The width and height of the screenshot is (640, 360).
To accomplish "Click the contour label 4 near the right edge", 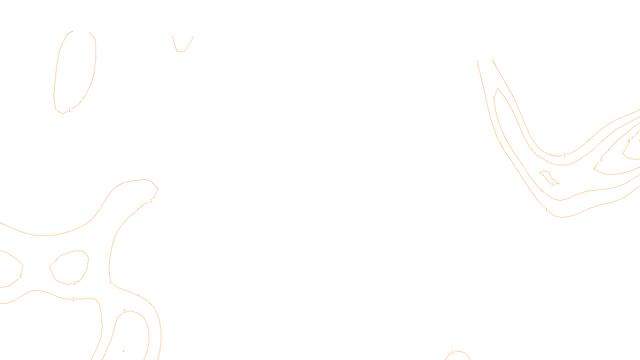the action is coord(629,141).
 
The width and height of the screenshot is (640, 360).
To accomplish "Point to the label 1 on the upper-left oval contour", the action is coord(70,110).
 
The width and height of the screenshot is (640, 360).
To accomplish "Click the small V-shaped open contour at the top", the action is coord(181,51).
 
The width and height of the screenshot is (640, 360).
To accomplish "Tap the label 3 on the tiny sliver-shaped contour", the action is coord(552,184).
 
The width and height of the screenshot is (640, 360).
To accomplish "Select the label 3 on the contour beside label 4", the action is coord(601,160).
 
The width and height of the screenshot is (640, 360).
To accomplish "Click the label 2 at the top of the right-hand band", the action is coord(494,99).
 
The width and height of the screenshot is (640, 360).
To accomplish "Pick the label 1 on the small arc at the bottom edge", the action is coord(452,352).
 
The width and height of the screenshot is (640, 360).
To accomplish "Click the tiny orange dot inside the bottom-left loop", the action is coord(124,351).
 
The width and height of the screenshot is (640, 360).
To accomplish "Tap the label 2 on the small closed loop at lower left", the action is coord(74,283).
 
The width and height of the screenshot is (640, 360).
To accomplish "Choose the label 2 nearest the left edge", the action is coord(20,276).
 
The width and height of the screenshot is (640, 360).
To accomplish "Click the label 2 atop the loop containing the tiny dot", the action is coord(124,311).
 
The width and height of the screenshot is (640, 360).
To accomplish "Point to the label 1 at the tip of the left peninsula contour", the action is coord(151,201).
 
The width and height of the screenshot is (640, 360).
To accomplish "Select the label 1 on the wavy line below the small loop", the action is coord(73,299).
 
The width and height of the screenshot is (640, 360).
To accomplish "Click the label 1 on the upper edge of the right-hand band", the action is coord(564,155).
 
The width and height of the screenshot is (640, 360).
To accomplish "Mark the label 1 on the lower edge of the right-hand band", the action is coord(546,210).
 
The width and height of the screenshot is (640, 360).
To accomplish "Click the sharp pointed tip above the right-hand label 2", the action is coord(497,88).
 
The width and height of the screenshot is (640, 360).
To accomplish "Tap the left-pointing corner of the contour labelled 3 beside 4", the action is coord(594,169).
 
